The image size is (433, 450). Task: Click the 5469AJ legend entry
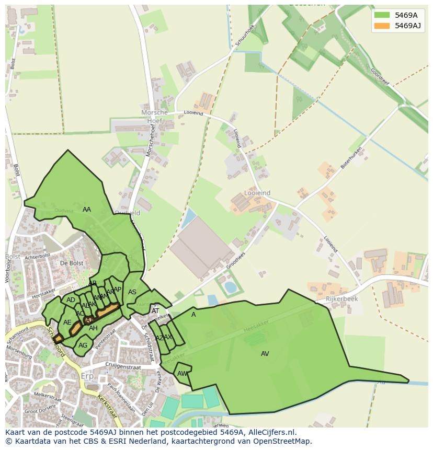coord(408,26)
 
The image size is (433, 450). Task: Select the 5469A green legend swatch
coord(382,15)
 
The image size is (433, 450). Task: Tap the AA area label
coord(87,210)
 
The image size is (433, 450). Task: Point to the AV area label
coord(265,354)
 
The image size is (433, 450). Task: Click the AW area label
coord(182,374)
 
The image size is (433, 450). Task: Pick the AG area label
coord(83,345)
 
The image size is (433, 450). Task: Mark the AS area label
coord(132,292)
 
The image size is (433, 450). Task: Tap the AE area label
coord(67,322)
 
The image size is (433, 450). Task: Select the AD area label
coord(71,300)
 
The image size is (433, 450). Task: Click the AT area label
coord(155,311)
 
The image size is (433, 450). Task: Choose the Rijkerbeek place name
coord(341,299)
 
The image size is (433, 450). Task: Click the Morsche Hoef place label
coord(155,116)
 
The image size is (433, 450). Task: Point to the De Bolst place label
coord(72,263)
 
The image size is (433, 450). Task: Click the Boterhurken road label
coord(351,157)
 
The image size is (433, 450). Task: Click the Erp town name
coord(87,377)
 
